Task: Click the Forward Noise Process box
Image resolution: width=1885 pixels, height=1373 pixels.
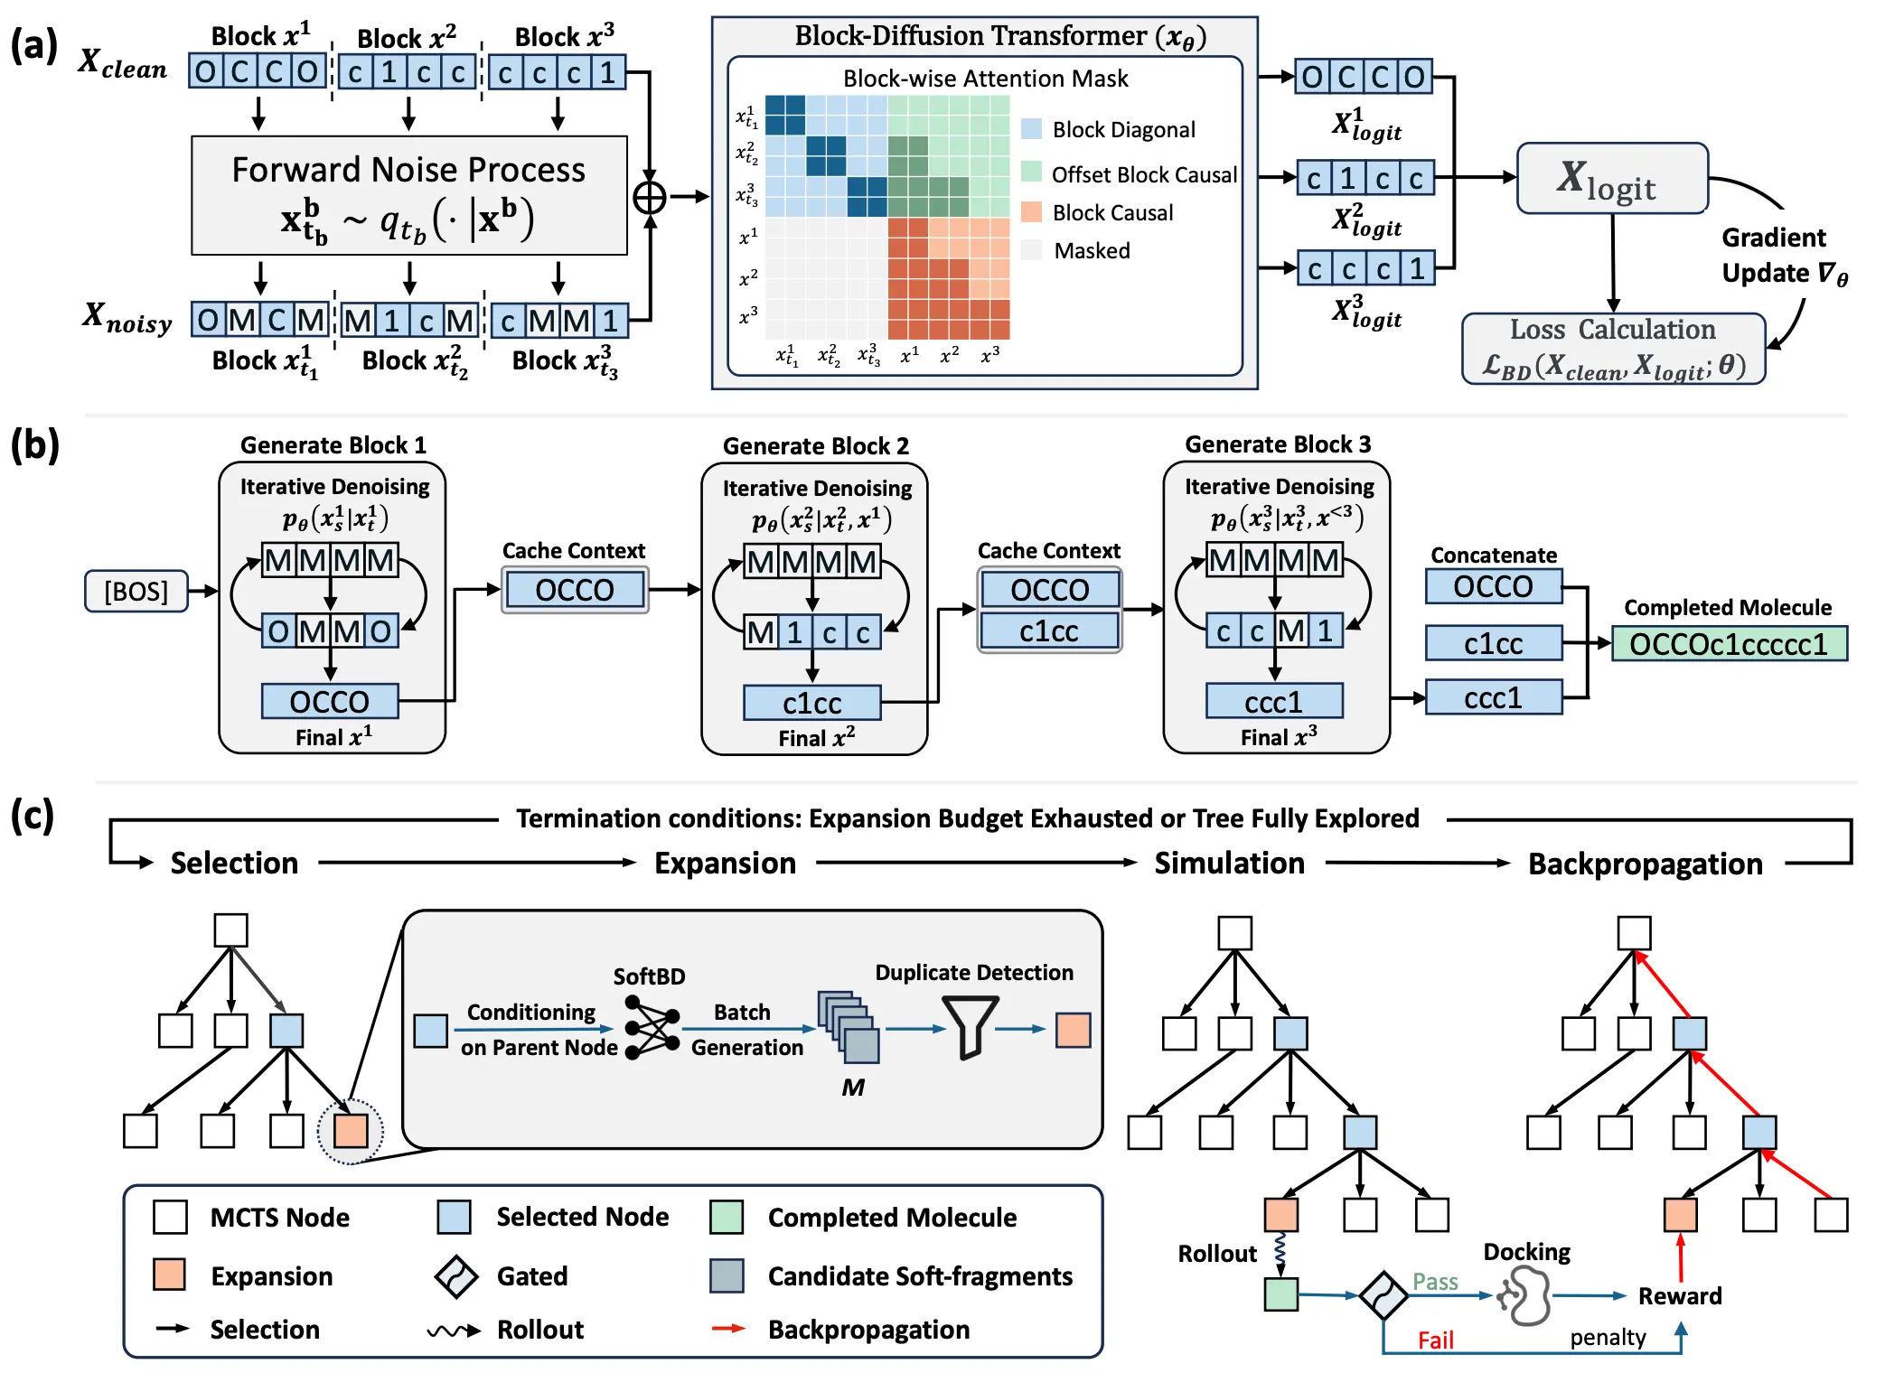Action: point(408,195)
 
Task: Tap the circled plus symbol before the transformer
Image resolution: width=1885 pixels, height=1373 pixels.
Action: point(650,197)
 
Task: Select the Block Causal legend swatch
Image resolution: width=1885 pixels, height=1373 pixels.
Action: point(1031,212)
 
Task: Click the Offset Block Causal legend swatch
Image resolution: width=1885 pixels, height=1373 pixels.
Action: point(1031,173)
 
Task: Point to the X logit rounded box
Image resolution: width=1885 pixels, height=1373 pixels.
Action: point(1611,179)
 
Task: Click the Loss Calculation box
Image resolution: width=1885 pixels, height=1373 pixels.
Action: point(1613,349)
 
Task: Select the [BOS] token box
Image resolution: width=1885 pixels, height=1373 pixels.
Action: point(136,591)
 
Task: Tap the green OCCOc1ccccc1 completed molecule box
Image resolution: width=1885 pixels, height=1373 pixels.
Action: point(1728,644)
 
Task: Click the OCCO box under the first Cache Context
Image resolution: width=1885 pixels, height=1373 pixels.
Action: point(575,590)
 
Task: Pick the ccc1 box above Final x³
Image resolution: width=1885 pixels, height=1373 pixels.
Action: point(1273,701)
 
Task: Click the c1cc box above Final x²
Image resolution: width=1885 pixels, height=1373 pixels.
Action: point(811,703)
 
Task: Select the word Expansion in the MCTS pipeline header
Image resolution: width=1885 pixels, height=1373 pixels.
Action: point(725,863)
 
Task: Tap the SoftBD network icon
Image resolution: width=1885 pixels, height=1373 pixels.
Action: point(652,1028)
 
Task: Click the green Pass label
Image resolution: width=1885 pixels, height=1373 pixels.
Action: point(1435,1281)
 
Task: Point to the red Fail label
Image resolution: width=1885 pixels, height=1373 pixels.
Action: point(1435,1340)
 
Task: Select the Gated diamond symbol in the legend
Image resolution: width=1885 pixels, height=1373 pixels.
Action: point(456,1275)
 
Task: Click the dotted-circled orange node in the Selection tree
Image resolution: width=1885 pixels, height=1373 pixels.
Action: point(351,1131)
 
